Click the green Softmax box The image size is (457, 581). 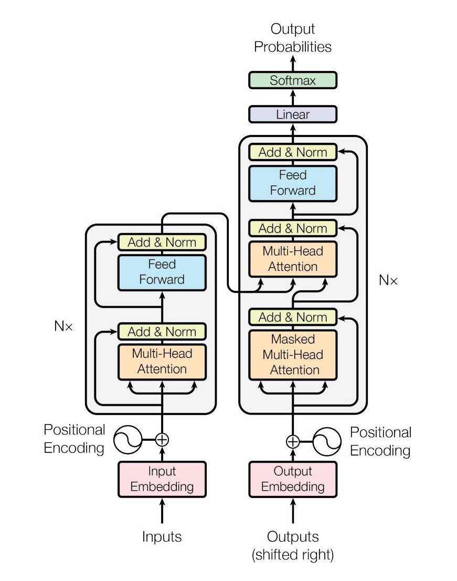click(x=293, y=80)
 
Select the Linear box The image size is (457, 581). click(x=293, y=114)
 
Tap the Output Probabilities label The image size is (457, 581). click(x=293, y=38)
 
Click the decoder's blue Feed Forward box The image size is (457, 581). click(x=293, y=183)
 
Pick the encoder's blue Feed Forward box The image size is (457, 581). click(x=162, y=272)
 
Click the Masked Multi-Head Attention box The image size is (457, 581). click(x=293, y=354)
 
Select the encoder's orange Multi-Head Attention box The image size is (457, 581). click(x=162, y=361)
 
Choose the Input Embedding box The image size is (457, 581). click(x=162, y=479)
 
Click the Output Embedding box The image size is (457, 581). click(x=293, y=479)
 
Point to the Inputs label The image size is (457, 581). click(x=162, y=536)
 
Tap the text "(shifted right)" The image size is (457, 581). click(x=293, y=555)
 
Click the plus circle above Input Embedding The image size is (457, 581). click(x=162, y=439)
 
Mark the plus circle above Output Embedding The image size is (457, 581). click(x=293, y=441)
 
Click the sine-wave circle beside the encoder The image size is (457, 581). click(x=127, y=439)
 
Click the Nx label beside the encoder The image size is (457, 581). click(x=63, y=326)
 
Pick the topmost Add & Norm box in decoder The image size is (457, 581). click(x=293, y=152)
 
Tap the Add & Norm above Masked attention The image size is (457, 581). click(x=293, y=317)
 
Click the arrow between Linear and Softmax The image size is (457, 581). click(x=293, y=98)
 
